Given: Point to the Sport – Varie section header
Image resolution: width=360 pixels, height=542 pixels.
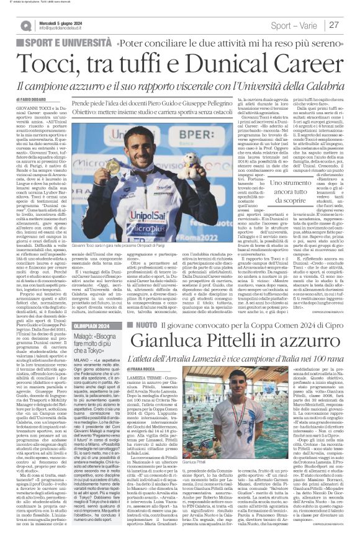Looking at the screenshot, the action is (x=296, y=25).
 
